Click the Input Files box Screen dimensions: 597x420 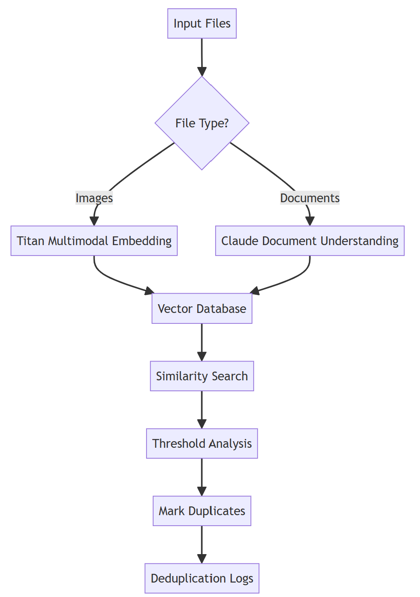202,24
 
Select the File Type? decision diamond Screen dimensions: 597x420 202,123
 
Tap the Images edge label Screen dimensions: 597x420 94,198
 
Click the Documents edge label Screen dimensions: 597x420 310,198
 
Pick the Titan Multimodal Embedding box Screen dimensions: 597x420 94,241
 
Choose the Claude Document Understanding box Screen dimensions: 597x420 310,241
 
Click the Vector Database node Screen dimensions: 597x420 202,309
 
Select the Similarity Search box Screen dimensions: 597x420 202,376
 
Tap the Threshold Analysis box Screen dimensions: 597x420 202,443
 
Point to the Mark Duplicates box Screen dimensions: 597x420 202,511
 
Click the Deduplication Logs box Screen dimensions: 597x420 202,578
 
